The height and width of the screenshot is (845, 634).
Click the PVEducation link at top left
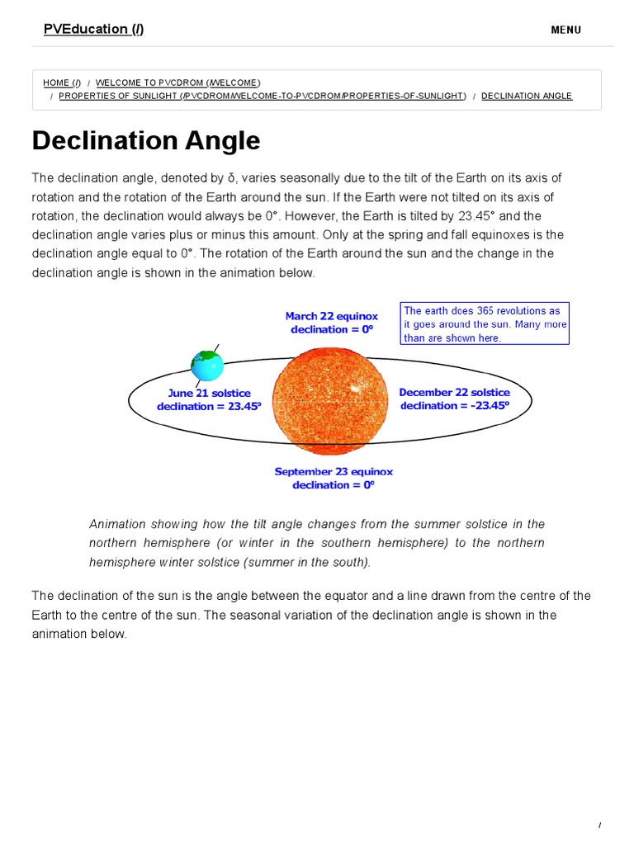(x=93, y=29)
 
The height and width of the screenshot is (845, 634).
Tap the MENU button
(x=565, y=30)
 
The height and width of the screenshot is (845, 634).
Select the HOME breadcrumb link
(x=62, y=83)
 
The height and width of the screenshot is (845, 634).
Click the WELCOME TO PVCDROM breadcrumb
(x=177, y=83)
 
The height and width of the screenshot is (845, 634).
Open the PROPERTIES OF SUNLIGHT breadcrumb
(x=262, y=96)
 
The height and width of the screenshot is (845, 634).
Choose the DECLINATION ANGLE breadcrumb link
(x=526, y=96)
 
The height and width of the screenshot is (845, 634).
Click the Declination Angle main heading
(x=146, y=140)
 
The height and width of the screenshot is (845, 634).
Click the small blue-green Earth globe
(x=207, y=365)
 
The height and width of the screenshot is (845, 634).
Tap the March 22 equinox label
(x=331, y=316)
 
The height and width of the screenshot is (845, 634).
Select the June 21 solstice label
(x=209, y=394)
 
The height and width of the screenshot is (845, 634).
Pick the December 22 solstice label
(x=454, y=393)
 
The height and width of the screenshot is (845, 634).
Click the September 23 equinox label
(x=334, y=472)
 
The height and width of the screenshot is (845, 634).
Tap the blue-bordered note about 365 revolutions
(x=485, y=323)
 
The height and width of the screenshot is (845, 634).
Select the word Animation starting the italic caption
(x=117, y=524)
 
